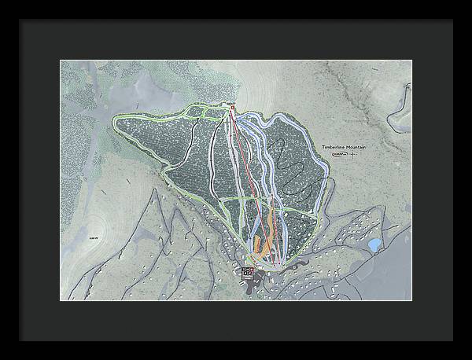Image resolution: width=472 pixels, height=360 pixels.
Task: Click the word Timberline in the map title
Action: (334, 147)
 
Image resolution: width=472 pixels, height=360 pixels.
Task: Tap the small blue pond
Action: (374, 244)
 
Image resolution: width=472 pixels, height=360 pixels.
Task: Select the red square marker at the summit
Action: (232, 107)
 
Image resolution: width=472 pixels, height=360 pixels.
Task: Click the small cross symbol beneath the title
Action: (352, 155)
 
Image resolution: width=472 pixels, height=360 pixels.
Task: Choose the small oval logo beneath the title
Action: (339, 155)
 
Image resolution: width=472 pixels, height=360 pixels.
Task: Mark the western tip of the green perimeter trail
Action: (115, 120)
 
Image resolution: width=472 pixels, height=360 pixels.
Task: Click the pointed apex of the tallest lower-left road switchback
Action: (154, 193)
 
